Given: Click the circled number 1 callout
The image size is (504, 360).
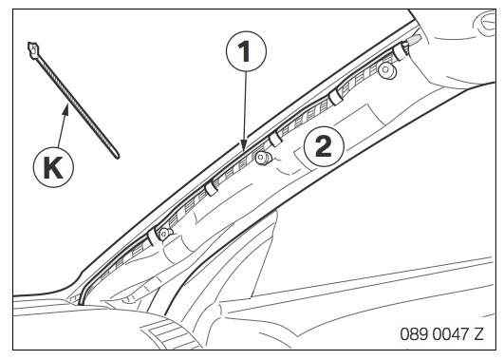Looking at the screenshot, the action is click(x=246, y=51).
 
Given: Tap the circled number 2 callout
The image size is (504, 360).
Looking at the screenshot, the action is click(x=324, y=146).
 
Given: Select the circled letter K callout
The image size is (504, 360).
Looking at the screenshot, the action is click(x=53, y=167).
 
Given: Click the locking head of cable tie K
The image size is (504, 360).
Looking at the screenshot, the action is click(x=33, y=50).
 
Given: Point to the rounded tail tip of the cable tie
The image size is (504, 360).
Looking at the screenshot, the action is click(x=117, y=157).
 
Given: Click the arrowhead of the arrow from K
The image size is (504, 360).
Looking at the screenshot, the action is click(x=66, y=109).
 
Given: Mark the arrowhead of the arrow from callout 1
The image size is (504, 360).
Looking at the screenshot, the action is click(x=244, y=145).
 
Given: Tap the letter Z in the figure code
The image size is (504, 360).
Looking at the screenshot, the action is click(x=478, y=334).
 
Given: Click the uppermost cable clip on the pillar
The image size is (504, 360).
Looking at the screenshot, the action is click(x=401, y=51).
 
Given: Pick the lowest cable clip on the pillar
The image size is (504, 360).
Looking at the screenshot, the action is click(x=154, y=237).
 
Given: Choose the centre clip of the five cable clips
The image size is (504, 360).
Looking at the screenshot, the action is click(x=275, y=139).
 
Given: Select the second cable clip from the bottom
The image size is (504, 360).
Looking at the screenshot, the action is click(x=211, y=188).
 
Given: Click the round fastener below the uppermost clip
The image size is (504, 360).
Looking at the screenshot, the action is click(x=386, y=70).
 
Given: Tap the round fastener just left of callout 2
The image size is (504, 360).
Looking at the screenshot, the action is click(x=263, y=158).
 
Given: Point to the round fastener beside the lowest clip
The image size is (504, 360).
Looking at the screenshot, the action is click(x=165, y=233).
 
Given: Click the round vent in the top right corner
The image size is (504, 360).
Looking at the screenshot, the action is click(x=485, y=22).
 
